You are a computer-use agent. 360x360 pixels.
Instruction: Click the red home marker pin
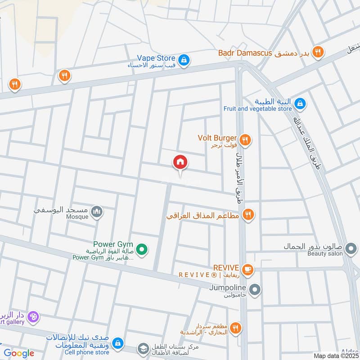click(180, 162)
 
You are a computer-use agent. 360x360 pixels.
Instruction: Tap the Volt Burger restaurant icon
click(245, 139)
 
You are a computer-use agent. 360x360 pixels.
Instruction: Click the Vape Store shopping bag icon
click(183, 59)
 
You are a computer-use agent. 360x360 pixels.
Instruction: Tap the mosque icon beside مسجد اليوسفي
click(97, 211)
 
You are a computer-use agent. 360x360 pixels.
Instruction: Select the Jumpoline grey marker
click(255, 290)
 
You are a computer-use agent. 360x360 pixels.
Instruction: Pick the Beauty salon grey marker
click(351, 247)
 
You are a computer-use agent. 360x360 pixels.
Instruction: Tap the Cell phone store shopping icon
click(117, 343)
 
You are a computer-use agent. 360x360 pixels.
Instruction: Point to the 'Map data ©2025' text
click(336, 355)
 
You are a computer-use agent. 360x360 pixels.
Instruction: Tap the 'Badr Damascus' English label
click(245, 53)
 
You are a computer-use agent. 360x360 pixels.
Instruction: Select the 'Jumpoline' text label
click(227, 287)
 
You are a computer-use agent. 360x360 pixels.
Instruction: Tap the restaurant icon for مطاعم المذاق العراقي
click(247, 215)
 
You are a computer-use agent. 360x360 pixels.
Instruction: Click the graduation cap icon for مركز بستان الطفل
click(143, 348)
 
